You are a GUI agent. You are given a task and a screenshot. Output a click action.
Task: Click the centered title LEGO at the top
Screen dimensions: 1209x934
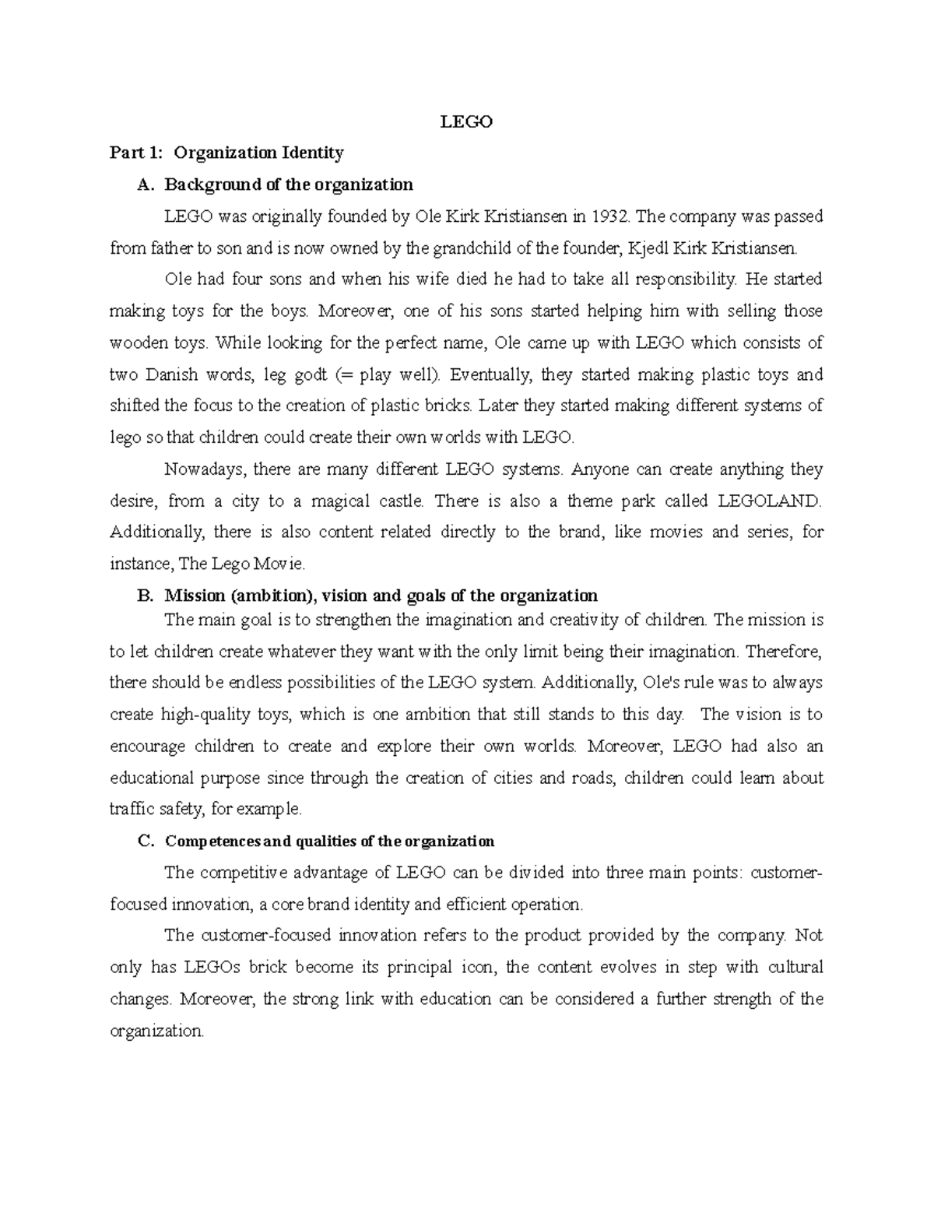[x=467, y=121]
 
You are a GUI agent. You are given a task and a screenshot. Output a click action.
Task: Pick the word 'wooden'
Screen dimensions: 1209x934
[x=135, y=343]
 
